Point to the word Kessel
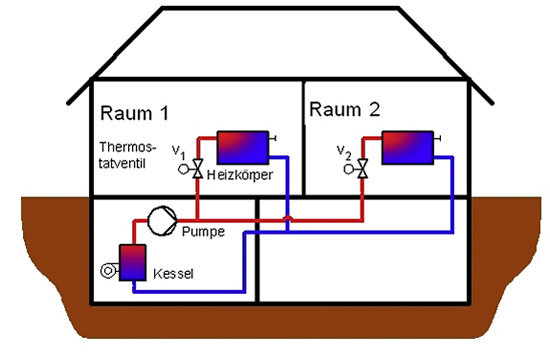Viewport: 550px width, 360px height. (175, 272)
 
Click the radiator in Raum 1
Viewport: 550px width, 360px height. (241, 146)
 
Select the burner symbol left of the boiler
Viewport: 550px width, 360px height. (107, 270)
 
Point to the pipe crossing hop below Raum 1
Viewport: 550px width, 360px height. (287, 217)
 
